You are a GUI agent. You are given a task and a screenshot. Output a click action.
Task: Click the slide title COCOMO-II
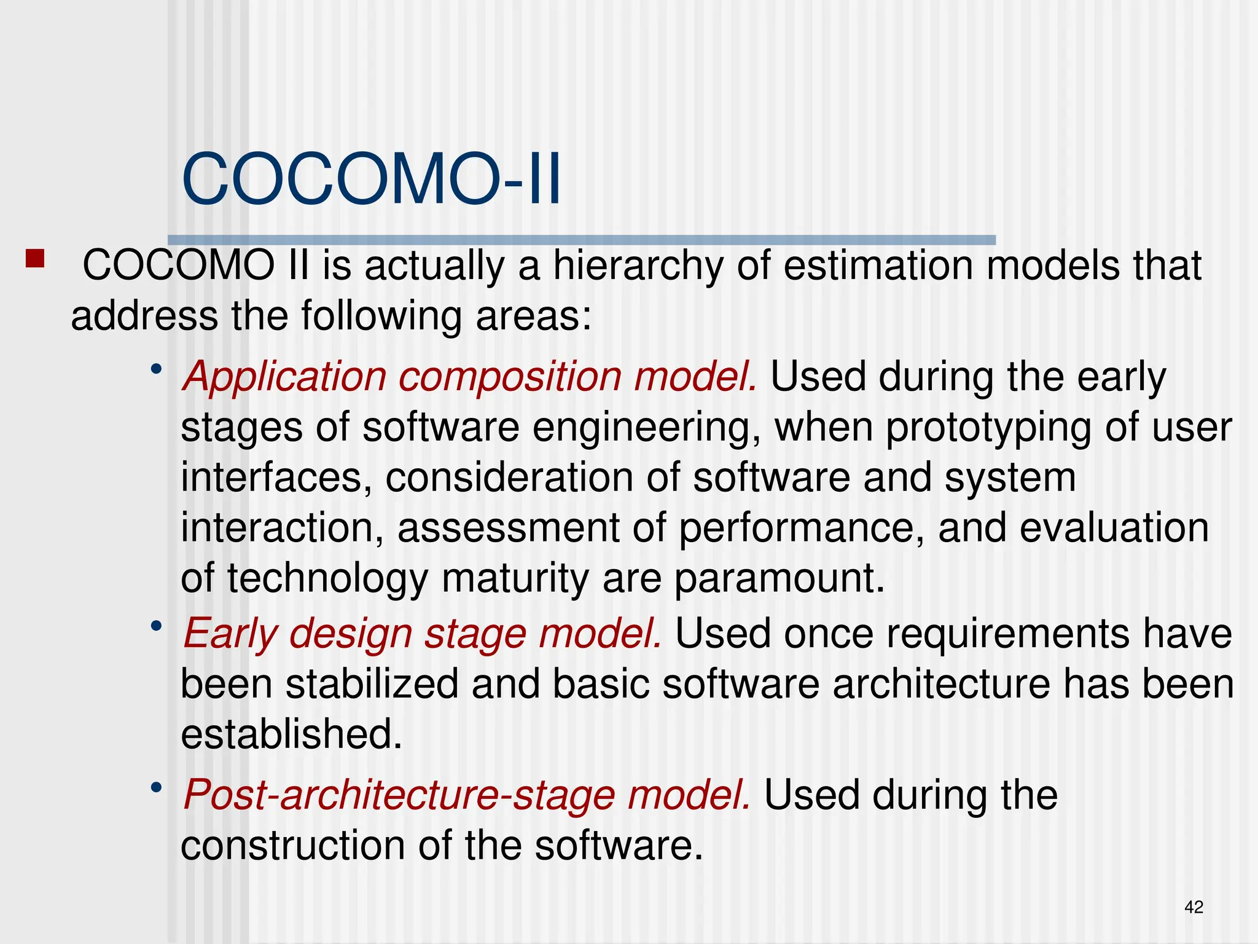(x=371, y=179)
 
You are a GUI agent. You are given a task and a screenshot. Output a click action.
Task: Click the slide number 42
(x=1194, y=907)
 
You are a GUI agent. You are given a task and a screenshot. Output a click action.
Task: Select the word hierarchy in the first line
(x=638, y=267)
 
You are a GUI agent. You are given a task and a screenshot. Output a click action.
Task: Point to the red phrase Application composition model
(x=470, y=377)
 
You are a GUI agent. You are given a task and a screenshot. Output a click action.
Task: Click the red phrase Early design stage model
(x=423, y=634)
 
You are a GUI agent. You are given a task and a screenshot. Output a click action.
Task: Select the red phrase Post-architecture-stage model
(x=467, y=795)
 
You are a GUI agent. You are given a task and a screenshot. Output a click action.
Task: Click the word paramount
(x=779, y=579)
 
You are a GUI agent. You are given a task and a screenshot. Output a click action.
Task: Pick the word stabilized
(x=372, y=684)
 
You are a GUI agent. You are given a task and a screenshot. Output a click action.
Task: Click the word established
(x=291, y=734)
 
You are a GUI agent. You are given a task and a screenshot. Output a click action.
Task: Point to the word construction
(x=292, y=846)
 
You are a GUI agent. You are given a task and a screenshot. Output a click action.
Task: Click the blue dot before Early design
(x=157, y=626)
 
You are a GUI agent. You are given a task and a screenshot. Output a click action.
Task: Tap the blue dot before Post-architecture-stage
(x=157, y=787)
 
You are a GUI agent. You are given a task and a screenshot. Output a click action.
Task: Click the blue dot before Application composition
(x=157, y=369)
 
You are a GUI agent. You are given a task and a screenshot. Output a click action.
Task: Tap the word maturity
(x=515, y=579)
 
